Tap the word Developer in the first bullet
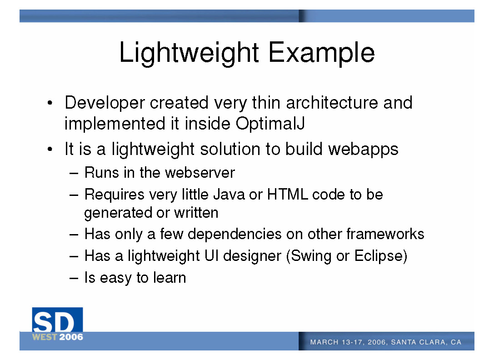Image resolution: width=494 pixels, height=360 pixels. click(x=105, y=103)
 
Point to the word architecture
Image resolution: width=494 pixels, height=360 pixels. click(x=332, y=102)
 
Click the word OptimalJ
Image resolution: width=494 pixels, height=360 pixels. click(x=270, y=124)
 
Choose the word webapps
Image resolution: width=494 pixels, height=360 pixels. click(x=363, y=150)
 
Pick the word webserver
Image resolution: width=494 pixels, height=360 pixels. click(x=200, y=173)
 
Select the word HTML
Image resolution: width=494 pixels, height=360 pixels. click(x=287, y=195)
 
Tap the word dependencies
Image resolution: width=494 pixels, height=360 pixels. click(x=235, y=235)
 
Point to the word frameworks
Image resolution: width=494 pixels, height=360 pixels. click(x=385, y=234)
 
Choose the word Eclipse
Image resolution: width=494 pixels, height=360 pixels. click(x=379, y=256)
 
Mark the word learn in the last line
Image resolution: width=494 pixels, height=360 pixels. click(x=170, y=278)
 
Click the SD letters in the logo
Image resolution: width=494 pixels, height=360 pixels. click(x=54, y=322)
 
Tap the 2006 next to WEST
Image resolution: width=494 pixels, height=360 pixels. click(x=71, y=337)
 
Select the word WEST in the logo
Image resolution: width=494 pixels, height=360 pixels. click(x=45, y=337)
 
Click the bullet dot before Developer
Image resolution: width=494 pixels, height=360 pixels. click(x=50, y=103)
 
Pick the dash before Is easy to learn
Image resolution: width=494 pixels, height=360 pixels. click(x=74, y=278)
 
